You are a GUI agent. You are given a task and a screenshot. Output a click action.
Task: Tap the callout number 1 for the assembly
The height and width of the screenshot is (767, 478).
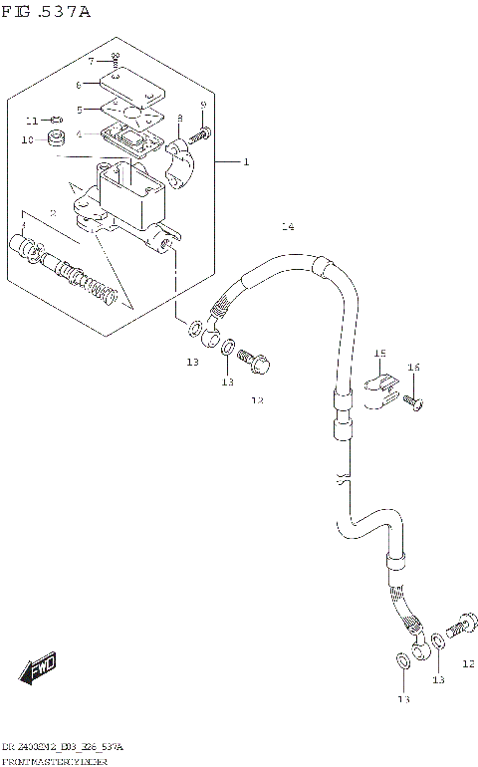(x=246, y=162)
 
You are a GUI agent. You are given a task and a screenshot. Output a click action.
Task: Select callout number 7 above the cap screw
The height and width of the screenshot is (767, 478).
(x=90, y=62)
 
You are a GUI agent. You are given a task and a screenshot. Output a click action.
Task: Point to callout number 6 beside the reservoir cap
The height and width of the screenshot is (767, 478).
(x=91, y=85)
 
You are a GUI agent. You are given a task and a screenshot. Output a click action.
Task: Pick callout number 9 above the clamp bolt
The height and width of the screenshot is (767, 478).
(x=203, y=106)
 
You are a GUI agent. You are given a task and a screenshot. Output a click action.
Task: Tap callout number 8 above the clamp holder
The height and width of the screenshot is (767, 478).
(x=179, y=119)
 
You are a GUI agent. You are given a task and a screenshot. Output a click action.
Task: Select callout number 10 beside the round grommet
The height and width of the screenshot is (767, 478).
(x=27, y=139)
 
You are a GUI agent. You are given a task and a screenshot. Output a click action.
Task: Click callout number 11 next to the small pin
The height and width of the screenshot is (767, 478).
(x=31, y=120)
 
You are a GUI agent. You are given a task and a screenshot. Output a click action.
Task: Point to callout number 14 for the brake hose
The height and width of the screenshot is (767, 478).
(x=287, y=227)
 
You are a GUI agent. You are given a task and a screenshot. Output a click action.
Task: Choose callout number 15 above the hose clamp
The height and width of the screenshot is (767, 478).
(x=379, y=354)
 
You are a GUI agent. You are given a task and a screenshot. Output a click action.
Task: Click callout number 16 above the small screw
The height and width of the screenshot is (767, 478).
(x=413, y=368)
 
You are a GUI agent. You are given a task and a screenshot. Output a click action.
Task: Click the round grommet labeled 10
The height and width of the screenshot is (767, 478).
(x=58, y=135)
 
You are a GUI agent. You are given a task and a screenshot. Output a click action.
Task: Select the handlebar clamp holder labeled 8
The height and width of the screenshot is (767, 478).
(x=183, y=160)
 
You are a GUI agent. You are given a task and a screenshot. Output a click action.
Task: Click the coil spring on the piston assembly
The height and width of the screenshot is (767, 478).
(x=104, y=288)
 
